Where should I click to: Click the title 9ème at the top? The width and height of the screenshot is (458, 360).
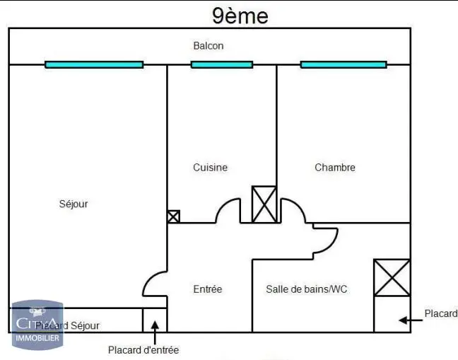(x=240, y=16)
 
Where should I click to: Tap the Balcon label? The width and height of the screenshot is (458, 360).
(x=209, y=46)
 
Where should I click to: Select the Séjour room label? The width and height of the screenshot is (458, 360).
(x=74, y=204)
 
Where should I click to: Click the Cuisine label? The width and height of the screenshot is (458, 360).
(x=211, y=168)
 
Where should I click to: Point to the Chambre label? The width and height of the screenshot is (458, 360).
(x=335, y=168)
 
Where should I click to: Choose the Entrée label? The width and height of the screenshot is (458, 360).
(x=208, y=289)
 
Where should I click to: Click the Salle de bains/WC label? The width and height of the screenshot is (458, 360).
(x=307, y=289)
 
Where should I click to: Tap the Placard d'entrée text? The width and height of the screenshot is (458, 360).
(x=143, y=350)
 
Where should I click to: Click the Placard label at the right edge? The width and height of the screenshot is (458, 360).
(x=441, y=313)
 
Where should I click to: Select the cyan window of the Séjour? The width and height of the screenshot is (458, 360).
(x=94, y=64)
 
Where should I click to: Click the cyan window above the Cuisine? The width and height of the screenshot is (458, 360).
(x=222, y=64)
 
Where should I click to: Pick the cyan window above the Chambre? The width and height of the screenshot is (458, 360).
(x=343, y=64)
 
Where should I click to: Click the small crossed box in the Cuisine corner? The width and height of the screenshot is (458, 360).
(x=173, y=216)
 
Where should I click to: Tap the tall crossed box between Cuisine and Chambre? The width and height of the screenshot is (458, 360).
(x=264, y=204)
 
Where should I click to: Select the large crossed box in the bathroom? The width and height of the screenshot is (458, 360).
(x=392, y=277)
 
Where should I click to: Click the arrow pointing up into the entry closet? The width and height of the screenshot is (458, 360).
(x=155, y=326)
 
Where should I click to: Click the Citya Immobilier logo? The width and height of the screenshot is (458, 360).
(x=37, y=325)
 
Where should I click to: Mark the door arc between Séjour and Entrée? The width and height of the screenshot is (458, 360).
(x=153, y=283)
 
